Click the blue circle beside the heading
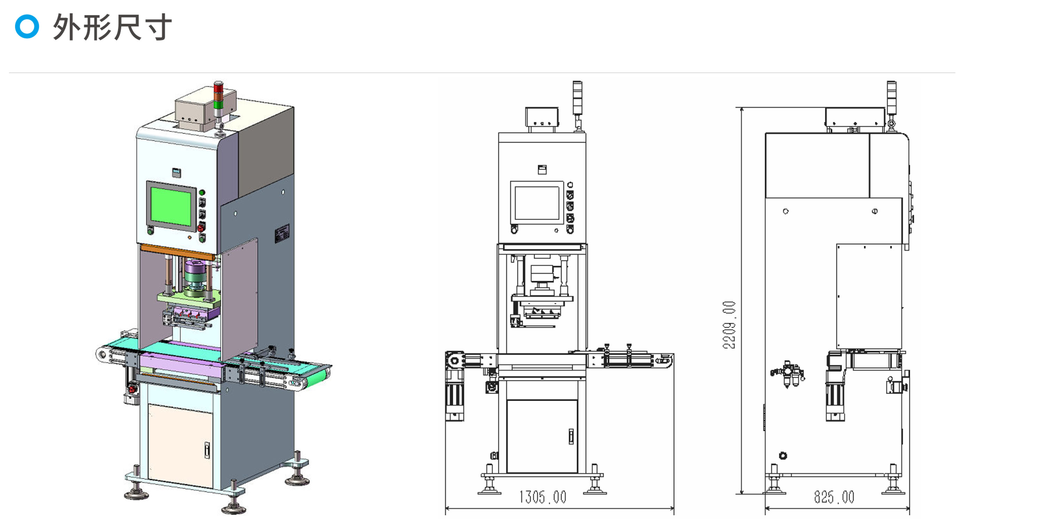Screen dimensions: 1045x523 pos(27,27)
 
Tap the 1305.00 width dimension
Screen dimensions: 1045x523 pos(543,497)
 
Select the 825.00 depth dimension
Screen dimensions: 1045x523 pos(834,497)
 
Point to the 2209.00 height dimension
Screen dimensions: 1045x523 pos(729,325)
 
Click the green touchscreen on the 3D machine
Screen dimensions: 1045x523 pos(171,206)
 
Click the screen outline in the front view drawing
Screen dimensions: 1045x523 pos(537,203)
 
